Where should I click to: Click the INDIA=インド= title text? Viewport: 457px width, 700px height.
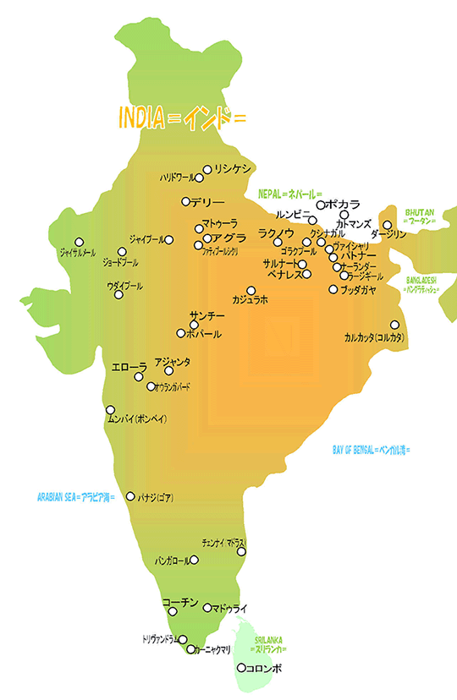(x=182, y=118)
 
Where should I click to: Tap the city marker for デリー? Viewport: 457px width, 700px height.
(x=186, y=201)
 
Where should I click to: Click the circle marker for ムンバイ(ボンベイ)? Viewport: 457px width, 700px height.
(x=111, y=409)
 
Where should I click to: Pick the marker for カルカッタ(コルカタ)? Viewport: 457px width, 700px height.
(x=394, y=325)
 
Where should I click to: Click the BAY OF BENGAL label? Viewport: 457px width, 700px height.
(x=371, y=450)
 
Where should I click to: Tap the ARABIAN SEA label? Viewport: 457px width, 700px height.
(x=76, y=496)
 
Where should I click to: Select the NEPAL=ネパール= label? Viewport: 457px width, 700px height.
(x=290, y=194)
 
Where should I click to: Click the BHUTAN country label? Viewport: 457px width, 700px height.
(x=421, y=216)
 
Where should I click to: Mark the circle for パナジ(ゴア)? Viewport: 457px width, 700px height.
(x=130, y=496)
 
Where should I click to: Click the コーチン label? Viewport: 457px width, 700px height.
(x=180, y=602)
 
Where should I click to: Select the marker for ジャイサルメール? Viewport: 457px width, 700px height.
(x=80, y=242)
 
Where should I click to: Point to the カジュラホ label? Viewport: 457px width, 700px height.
(x=250, y=300)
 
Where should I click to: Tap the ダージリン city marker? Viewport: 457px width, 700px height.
(x=388, y=225)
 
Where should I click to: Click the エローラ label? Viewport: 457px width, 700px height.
(x=129, y=367)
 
